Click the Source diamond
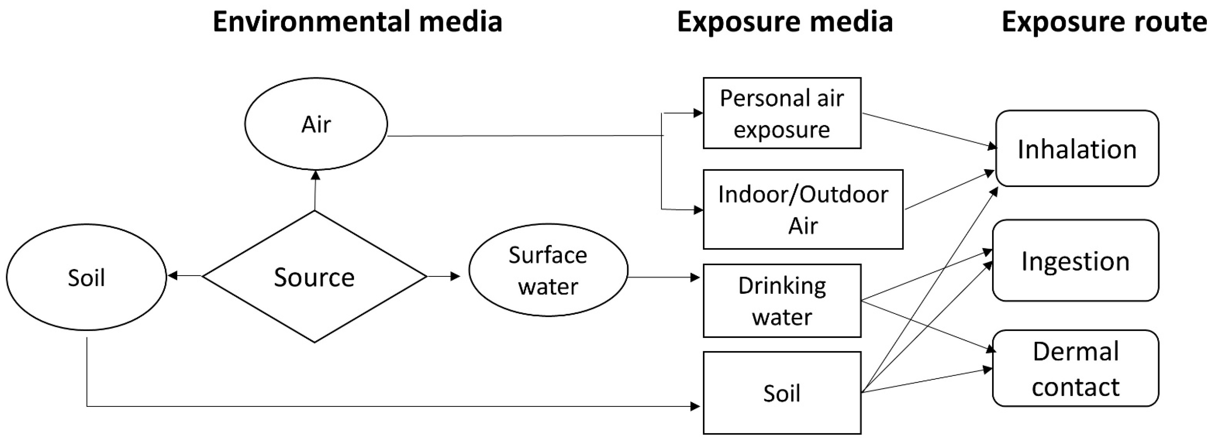click(314, 277)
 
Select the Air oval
click(316, 124)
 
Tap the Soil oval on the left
click(86, 277)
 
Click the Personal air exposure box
click(782, 113)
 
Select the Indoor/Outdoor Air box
click(803, 209)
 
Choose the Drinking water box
click(782, 301)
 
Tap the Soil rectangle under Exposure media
click(782, 393)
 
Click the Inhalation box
click(1077, 149)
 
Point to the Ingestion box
click(1075, 261)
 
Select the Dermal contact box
click(1075, 369)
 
